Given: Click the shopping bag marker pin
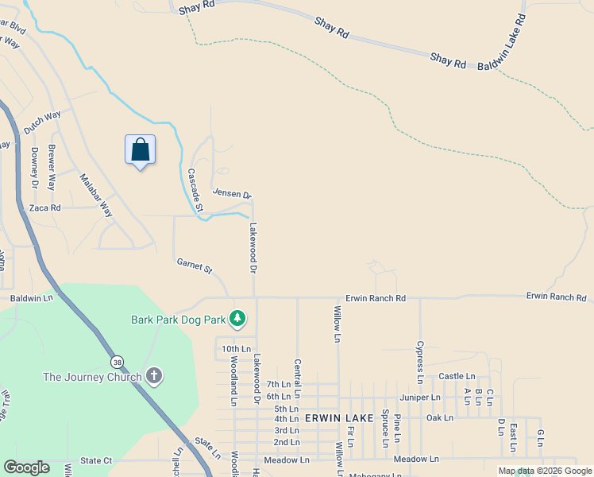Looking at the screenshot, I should pyautogui.click(x=140, y=149).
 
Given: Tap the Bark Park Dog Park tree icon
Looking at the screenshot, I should pyautogui.click(x=237, y=319).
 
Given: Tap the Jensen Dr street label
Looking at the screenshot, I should pyautogui.click(x=232, y=194).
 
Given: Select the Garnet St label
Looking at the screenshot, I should pyautogui.click(x=195, y=266).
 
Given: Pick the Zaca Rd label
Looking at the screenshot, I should pyautogui.click(x=44, y=207).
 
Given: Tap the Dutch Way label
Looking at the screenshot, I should pyautogui.click(x=42, y=122).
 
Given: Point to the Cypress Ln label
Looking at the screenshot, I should pyautogui.click(x=420, y=362).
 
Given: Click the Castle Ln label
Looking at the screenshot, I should pyautogui.click(x=457, y=376).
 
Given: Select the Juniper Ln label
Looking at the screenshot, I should pyautogui.click(x=422, y=397).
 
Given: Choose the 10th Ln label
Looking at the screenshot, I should pyautogui.click(x=236, y=349).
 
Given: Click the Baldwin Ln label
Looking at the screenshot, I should pyautogui.click(x=31, y=298).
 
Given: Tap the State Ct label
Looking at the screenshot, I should pyautogui.click(x=96, y=460).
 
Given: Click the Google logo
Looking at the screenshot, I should pyautogui.click(x=26, y=467).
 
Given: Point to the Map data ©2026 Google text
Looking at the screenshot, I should pyautogui.click(x=545, y=471).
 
